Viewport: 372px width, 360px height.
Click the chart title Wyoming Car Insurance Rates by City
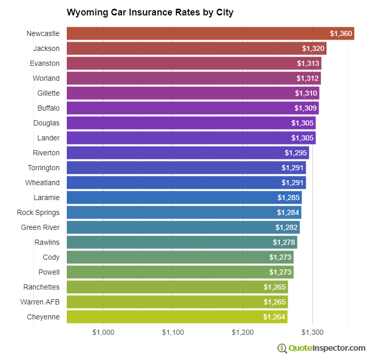(150, 12)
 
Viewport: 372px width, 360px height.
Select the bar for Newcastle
(206, 33)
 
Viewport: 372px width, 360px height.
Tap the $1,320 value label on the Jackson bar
(313, 48)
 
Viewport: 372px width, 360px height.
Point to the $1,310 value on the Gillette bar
(306, 93)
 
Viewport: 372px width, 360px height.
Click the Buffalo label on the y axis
(48, 108)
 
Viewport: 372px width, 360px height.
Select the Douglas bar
(190, 123)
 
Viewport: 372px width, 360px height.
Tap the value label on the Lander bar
(303, 138)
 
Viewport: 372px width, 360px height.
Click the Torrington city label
(43, 168)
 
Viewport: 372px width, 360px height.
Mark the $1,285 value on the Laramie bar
(289, 197)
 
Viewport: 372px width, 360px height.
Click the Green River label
(40, 227)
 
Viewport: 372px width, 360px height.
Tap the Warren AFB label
(40, 302)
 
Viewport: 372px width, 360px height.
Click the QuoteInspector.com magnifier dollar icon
(282, 348)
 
